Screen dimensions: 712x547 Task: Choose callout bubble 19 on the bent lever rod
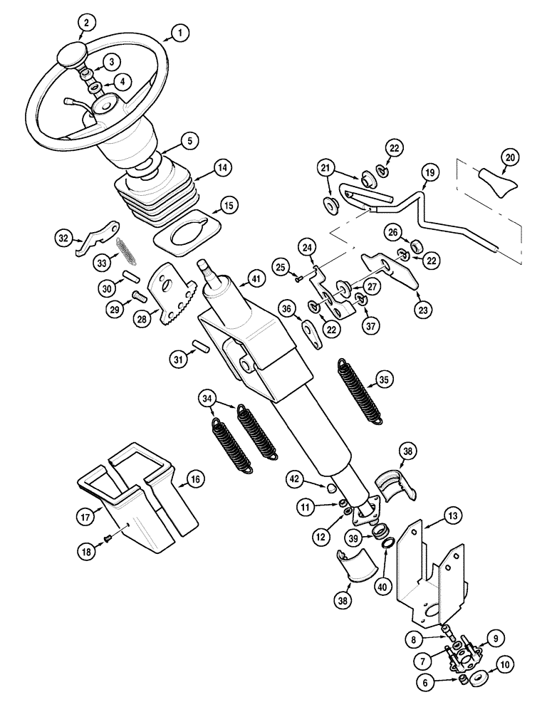[x=430, y=173]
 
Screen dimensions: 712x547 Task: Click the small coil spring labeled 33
[x=125, y=250]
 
